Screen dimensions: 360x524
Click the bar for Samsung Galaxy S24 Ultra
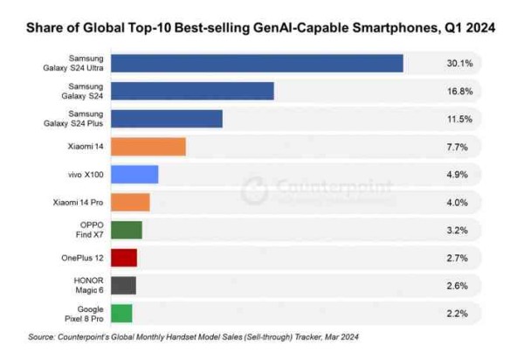tap(257, 64)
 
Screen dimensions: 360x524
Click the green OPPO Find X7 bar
tap(127, 229)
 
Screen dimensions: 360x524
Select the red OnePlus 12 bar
tap(124, 257)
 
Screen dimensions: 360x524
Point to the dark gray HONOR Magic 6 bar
tap(123, 285)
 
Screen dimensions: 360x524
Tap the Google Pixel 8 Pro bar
tap(121, 312)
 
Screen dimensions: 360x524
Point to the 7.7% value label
tap(459, 147)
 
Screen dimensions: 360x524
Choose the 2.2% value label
tap(459, 312)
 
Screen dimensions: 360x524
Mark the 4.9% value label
tap(459, 174)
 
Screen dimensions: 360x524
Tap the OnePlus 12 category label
tap(82, 257)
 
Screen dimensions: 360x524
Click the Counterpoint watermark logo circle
tap(254, 188)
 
